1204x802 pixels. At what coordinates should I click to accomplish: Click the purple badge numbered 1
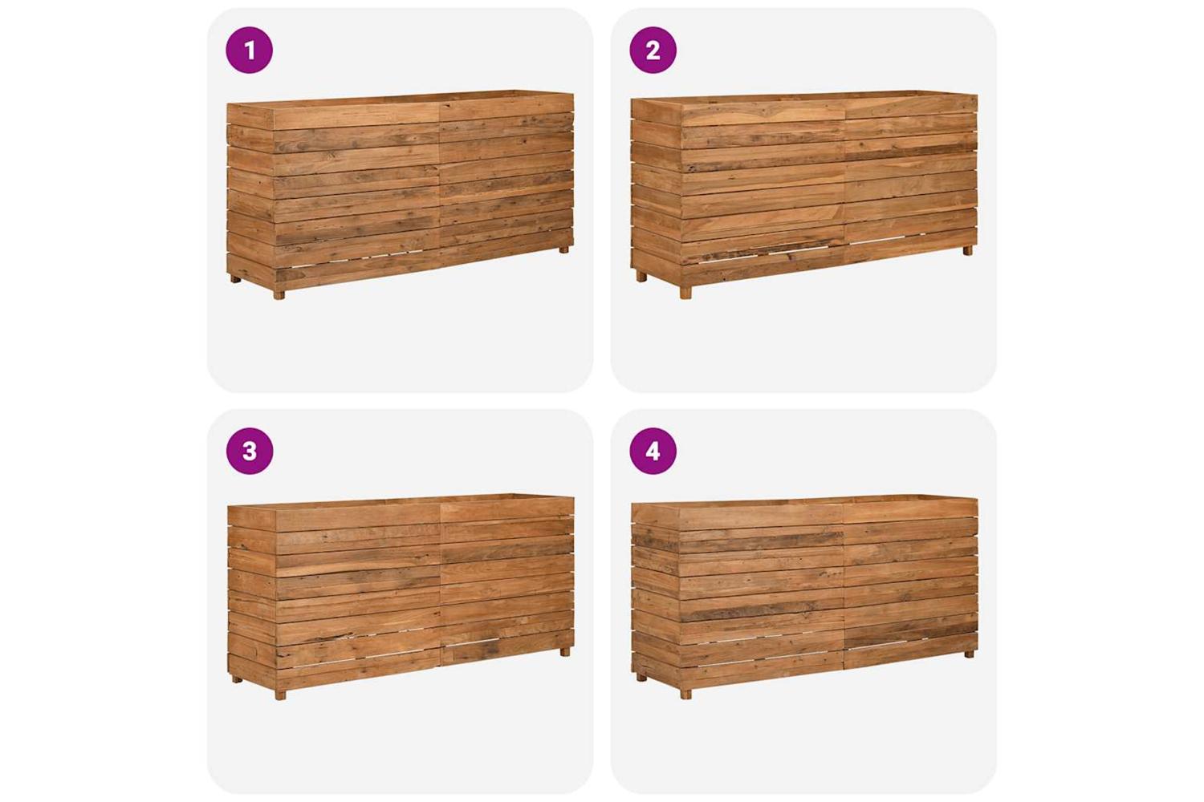(250, 50)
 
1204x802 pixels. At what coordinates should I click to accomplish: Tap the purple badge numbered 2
(653, 50)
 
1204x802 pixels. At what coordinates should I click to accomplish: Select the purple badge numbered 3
(250, 451)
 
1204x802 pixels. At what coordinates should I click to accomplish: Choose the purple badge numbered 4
(653, 451)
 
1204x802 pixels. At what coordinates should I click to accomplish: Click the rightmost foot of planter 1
(563, 249)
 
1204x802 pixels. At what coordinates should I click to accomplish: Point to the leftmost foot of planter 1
(235, 279)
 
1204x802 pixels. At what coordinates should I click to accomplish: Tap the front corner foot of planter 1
(279, 294)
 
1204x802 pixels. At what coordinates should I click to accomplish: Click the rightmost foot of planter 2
(967, 250)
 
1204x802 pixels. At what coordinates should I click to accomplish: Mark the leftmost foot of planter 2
(641, 277)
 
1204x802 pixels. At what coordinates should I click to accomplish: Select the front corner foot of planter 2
(685, 293)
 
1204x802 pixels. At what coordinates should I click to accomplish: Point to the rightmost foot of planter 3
(564, 651)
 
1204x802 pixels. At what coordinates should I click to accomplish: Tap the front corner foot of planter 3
(280, 695)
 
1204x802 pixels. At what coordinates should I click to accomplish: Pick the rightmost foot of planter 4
(968, 654)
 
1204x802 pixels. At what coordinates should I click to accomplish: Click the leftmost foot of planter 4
(641, 678)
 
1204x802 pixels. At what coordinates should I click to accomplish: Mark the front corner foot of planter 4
(685, 694)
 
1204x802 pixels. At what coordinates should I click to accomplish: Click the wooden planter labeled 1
(401, 194)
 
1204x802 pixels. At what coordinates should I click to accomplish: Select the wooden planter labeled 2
(804, 194)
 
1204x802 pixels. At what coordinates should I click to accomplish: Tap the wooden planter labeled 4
(804, 597)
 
